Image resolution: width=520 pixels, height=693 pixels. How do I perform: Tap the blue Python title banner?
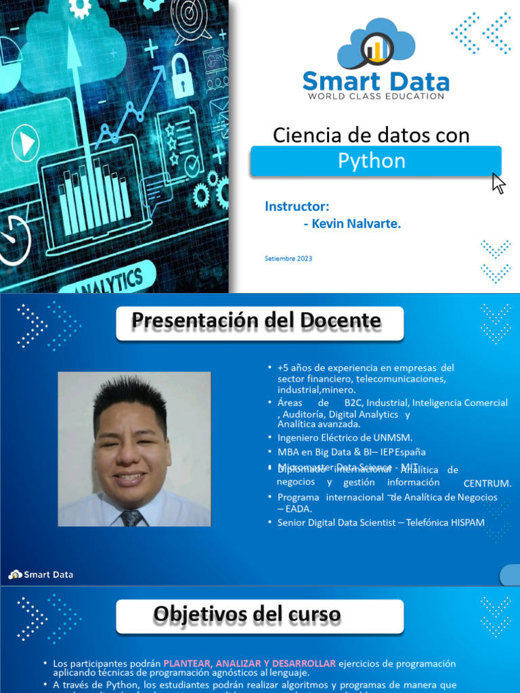tap(376, 161)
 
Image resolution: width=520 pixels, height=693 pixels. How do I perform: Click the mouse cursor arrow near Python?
tap(498, 183)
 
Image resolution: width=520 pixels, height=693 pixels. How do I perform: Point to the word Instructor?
tap(297, 206)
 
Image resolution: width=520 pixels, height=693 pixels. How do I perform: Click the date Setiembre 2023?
tap(288, 259)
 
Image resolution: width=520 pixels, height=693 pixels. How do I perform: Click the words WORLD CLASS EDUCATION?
tap(376, 96)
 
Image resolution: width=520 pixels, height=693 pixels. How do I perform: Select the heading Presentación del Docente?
tap(257, 320)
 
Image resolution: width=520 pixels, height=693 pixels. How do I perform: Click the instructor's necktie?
tap(131, 518)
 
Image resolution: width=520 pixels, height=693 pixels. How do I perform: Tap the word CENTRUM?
tap(487, 484)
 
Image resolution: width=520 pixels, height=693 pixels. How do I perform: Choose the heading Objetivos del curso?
tap(247, 614)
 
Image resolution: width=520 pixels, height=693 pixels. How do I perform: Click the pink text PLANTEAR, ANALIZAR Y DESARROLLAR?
tap(248, 663)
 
